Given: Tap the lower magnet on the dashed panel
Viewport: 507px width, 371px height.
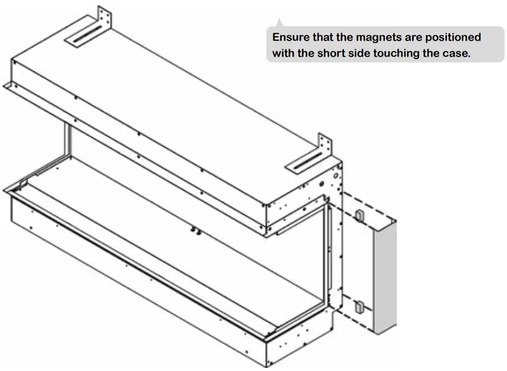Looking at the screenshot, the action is tap(358, 308).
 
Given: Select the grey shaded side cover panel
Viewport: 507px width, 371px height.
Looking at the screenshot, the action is tap(384, 274).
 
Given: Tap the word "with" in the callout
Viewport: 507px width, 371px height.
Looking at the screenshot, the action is tap(283, 53).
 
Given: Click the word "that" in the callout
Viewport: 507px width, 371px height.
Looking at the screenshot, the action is tap(324, 38).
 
